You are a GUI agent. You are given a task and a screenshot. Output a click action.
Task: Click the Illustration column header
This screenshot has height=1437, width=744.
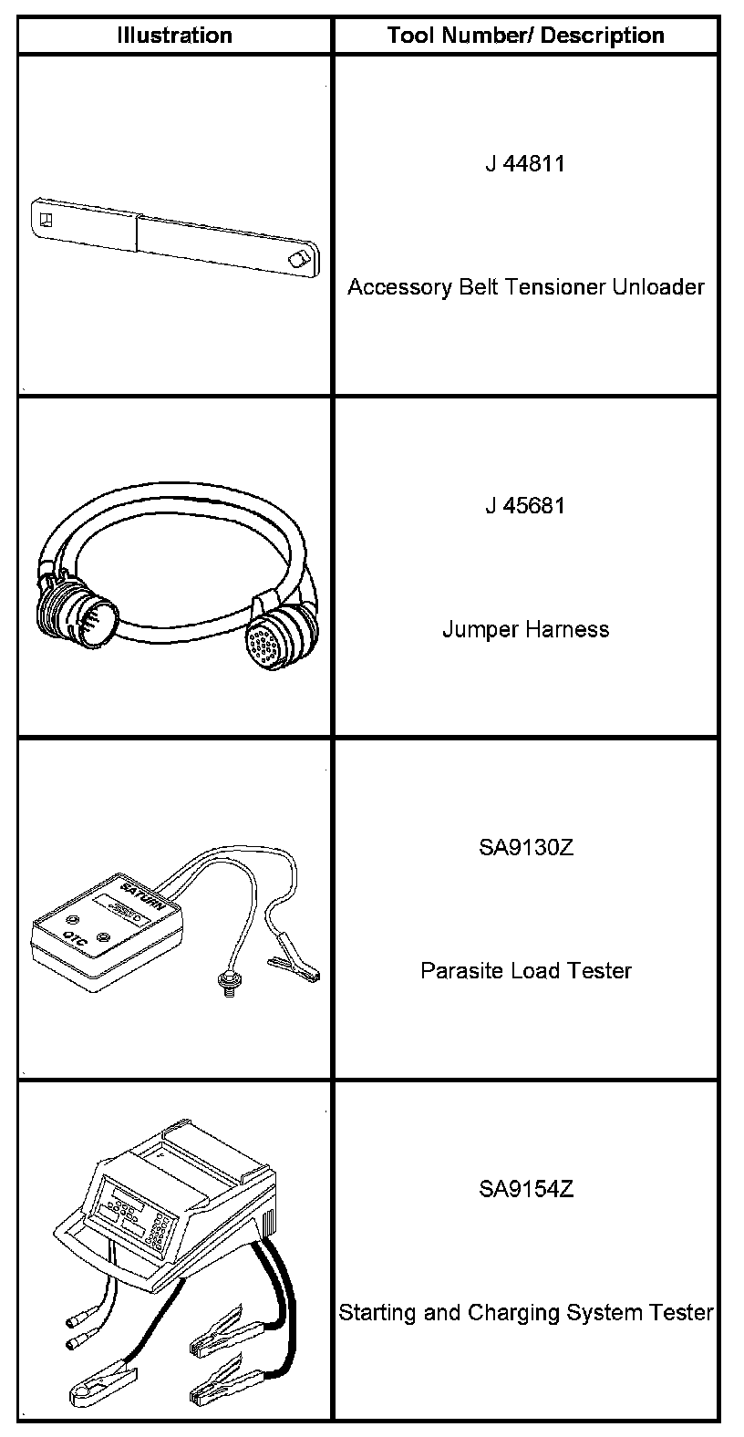coord(174,36)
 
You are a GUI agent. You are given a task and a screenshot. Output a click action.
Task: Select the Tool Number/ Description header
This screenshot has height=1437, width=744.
coord(525,36)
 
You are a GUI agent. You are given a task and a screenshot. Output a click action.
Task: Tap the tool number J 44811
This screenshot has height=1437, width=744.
coord(525,164)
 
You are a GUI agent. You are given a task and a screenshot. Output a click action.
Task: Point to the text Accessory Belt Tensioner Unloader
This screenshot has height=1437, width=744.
coord(525,287)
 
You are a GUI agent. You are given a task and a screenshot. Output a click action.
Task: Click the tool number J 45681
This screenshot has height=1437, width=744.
coord(525,505)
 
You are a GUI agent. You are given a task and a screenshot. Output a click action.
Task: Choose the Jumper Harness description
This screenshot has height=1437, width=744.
coord(525,629)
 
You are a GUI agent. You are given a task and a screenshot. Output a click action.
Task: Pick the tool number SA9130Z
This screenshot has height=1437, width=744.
coord(525,847)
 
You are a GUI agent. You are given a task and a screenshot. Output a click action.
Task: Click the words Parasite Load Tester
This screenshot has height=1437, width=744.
coord(525,970)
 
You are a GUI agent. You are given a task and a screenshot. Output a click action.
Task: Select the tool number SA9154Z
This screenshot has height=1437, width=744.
coord(525,1189)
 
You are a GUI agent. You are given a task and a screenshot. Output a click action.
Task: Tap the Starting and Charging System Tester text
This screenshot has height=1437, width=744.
coord(525,1313)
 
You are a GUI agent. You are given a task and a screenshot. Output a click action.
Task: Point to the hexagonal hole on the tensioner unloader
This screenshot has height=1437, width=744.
coord(297,259)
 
